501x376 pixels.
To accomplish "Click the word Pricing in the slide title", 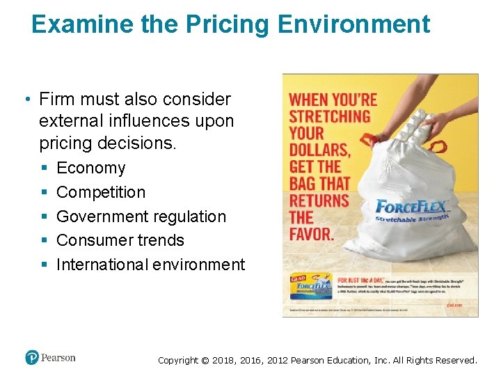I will click(228, 24).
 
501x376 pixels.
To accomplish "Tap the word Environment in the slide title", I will click(353, 24).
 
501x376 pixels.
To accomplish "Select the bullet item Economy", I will click(91, 168).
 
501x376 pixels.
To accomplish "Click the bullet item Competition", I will click(101, 192).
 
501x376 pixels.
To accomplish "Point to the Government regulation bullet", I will click(141, 217).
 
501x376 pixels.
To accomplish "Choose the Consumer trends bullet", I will click(120, 240).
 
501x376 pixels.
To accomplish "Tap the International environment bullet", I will click(151, 265).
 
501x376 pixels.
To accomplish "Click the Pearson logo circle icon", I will click(32, 358).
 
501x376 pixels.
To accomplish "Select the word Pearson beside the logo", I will click(58, 358).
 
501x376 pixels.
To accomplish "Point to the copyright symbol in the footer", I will click(205, 360).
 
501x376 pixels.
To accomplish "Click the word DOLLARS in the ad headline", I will click(319, 149).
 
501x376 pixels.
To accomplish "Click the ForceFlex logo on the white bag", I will click(413, 207).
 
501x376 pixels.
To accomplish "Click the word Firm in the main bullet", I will click(56, 100).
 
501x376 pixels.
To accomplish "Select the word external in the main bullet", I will click(69, 121).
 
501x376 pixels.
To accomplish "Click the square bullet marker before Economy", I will click(43, 169).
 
